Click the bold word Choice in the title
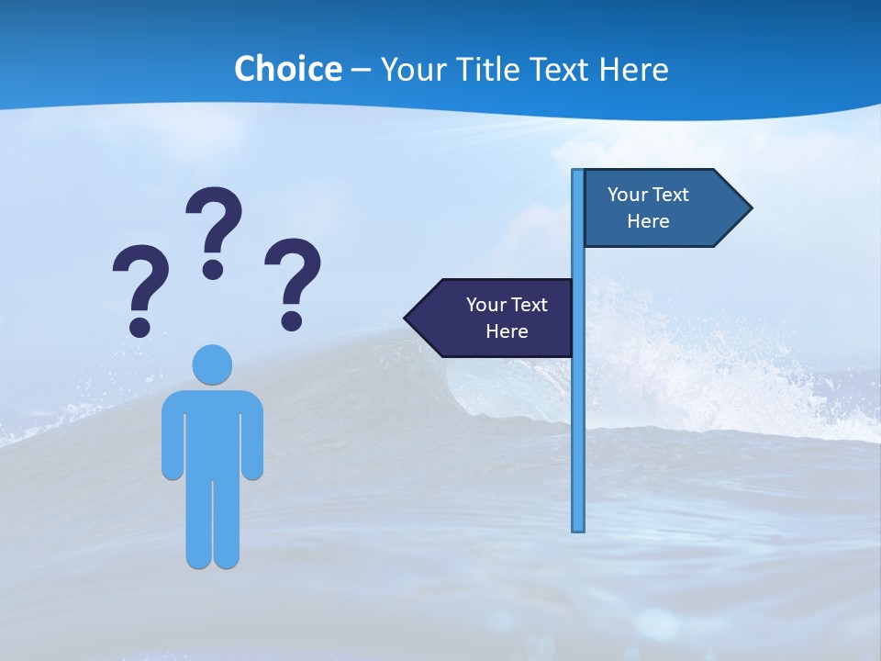coord(287,69)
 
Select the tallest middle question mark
coord(214,230)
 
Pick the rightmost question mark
coord(293,280)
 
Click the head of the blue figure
coord(212,364)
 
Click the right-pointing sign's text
coord(648,207)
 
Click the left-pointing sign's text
coord(507,318)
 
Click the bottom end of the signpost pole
coord(578,527)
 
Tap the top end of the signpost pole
coord(578,173)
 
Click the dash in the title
coord(361,70)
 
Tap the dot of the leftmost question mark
coord(139,327)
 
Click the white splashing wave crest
coord(697,367)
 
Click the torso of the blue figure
coord(212,431)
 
